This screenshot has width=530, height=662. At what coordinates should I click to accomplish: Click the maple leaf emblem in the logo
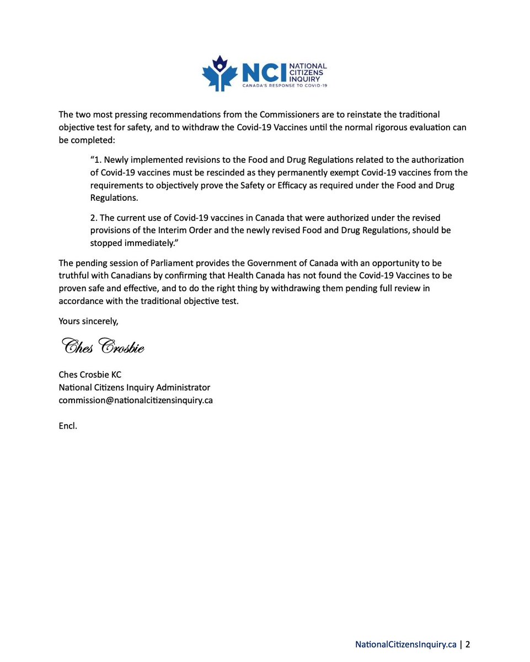[220, 73]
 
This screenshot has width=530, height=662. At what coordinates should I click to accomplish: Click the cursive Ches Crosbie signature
[103, 346]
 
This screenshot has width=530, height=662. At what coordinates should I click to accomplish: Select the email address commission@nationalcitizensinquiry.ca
[136, 401]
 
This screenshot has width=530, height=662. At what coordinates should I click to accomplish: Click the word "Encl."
[68, 426]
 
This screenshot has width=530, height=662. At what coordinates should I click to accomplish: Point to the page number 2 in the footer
[468, 644]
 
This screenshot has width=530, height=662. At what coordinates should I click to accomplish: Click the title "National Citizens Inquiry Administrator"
[135, 388]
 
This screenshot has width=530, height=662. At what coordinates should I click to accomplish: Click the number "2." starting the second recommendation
[94, 218]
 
